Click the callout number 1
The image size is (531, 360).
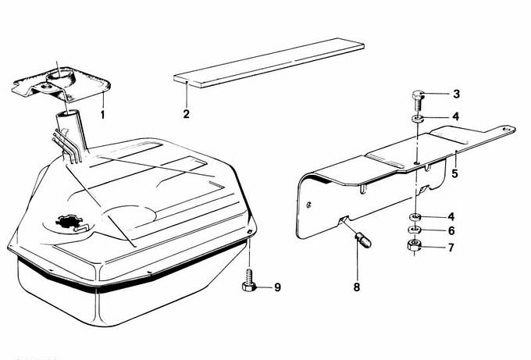coord(102,115)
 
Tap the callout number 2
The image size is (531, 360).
coord(187,114)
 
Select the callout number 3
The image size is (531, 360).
coord(457,94)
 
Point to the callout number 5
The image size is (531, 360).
coord(454,173)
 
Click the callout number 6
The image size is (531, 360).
coord(451,230)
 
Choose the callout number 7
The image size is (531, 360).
coord(451,248)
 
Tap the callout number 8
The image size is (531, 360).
coord(357,287)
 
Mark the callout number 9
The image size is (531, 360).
coord(278,287)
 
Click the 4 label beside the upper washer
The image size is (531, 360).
coord(456,116)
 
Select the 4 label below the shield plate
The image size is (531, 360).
coord(451,216)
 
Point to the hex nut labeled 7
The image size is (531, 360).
coord(414,245)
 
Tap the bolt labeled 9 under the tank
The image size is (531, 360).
coord(249,281)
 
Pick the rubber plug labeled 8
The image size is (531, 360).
coord(363,240)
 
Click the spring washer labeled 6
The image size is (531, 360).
coord(414,230)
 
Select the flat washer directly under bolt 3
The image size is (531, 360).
coord(419,119)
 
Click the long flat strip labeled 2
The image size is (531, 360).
coord(269,63)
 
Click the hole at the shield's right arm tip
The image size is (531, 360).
coord(507,130)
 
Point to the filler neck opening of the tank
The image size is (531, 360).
coord(69,114)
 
